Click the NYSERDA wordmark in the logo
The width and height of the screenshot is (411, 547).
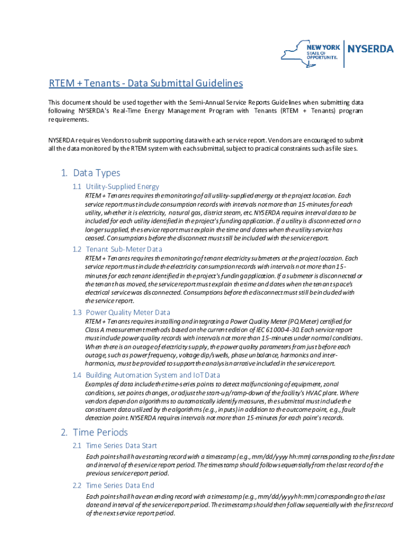click(x=371, y=49)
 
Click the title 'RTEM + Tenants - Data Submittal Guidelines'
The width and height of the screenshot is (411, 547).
click(x=146, y=84)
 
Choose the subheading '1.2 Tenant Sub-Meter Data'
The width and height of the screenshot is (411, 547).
click(x=117, y=249)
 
